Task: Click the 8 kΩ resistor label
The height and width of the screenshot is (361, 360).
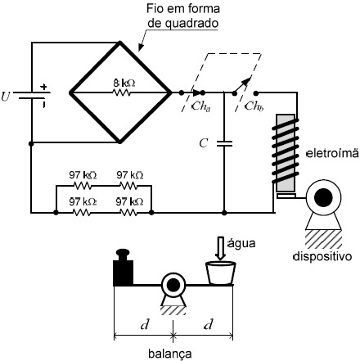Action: coord(124,83)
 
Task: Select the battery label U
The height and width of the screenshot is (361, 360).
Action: coord(6,97)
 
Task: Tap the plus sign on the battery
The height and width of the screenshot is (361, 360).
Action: coord(43,87)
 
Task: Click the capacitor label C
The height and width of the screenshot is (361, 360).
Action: coord(204,143)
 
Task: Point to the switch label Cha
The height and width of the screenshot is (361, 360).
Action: coord(201,106)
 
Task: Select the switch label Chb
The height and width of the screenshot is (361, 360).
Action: coord(254,106)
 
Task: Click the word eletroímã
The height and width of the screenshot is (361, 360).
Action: coord(332,153)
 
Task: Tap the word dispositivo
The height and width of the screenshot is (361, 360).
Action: coord(322,256)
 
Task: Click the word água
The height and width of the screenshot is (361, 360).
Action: coord(241,243)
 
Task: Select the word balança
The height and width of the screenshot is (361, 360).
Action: coord(170,354)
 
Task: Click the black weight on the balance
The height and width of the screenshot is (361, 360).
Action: coord(123,268)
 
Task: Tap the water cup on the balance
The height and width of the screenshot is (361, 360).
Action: coord(220,273)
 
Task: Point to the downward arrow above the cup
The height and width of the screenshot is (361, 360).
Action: coord(220,249)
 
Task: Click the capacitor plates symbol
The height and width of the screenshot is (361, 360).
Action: coord(224,144)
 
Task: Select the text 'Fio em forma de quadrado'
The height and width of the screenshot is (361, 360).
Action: coord(183,16)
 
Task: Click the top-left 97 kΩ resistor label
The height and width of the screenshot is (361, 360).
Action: coord(83,175)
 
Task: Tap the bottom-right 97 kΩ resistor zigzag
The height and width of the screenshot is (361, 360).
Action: coord(128,212)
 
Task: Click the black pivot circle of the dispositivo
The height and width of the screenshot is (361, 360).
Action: coord(323,197)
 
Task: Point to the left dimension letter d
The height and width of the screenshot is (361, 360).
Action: coord(145,324)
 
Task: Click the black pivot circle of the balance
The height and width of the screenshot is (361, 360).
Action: coord(173,286)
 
